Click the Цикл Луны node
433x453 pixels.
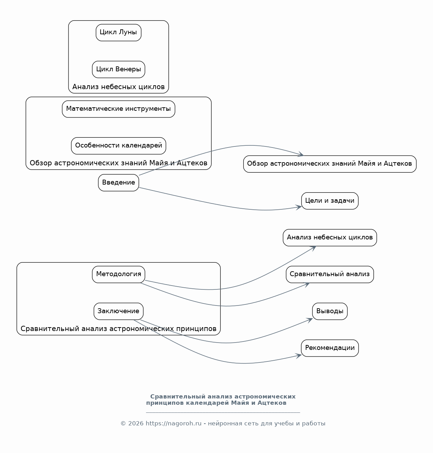pyautogui.click(x=118, y=33)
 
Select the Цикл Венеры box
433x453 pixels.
pyautogui.click(x=118, y=69)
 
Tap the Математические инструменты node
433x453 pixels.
pyautogui.click(x=118, y=109)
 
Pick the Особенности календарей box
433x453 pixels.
pyautogui.click(x=118, y=146)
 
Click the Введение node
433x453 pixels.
pyautogui.click(x=118, y=183)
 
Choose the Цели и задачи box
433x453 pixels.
pyautogui.click(x=330, y=201)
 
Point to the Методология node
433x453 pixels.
pyautogui.click(x=118, y=274)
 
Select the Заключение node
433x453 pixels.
pyautogui.click(x=118, y=311)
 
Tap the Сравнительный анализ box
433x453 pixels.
pyautogui.click(x=330, y=274)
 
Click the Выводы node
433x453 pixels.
pyautogui.click(x=330, y=311)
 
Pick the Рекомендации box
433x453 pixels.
pyautogui.click(x=330, y=348)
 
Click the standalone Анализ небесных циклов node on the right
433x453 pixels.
pyautogui.click(x=330, y=238)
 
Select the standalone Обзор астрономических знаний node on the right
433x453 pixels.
pyautogui.click(x=330, y=164)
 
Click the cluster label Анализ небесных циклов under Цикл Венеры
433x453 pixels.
pyautogui.click(x=118, y=87)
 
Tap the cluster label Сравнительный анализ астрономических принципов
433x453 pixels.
pyautogui.click(x=118, y=329)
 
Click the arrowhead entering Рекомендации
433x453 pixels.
pyautogui.click(x=299, y=355)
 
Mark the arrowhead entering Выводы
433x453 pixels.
pyautogui.click(x=310, y=320)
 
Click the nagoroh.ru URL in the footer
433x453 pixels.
pyautogui.click(x=173, y=423)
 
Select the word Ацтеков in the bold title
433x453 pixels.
pyautogui.click(x=272, y=403)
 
